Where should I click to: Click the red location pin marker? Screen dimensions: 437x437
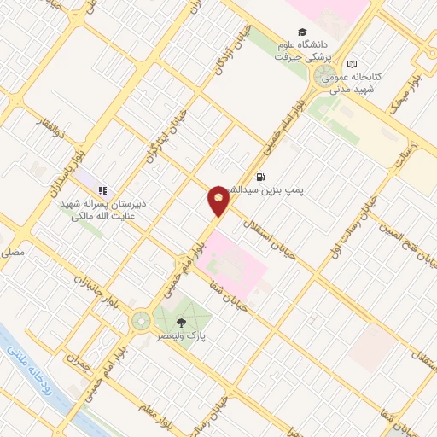[x=218, y=201]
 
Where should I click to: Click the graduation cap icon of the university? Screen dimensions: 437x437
[x=303, y=31]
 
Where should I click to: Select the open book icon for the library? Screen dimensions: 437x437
[x=352, y=65]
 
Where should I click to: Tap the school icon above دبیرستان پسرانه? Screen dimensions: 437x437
[x=102, y=190]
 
